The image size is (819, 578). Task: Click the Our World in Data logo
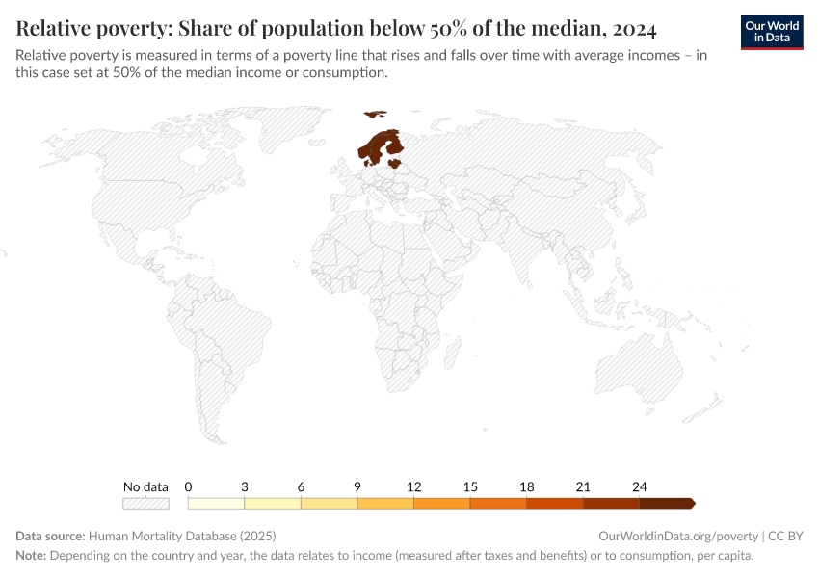point(772,31)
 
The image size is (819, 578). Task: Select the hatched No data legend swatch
point(145,503)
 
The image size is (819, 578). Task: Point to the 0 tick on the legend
point(189,486)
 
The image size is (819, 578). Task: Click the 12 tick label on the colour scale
point(414,486)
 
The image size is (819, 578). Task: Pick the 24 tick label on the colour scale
point(640,486)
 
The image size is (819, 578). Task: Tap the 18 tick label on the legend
point(527,486)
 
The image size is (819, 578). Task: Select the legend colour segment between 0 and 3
point(217,503)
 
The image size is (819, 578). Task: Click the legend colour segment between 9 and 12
point(385,503)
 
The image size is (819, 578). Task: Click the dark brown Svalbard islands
point(374,114)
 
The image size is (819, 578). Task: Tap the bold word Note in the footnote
point(31,556)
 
